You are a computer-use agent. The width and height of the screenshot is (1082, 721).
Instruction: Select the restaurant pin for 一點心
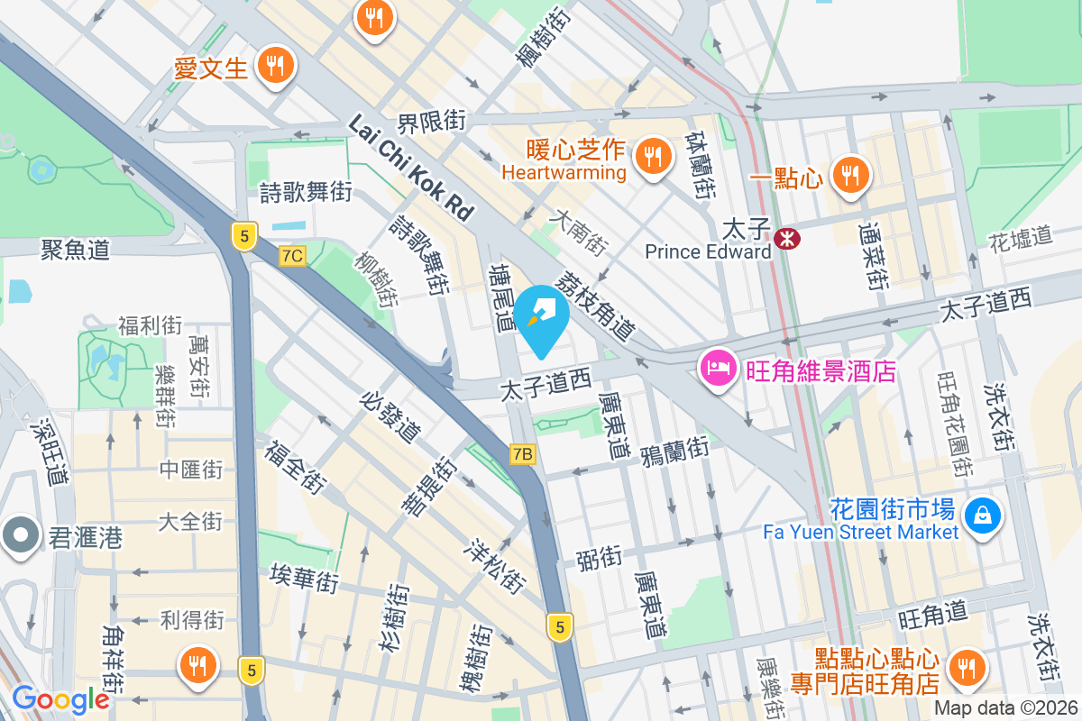tap(849, 173)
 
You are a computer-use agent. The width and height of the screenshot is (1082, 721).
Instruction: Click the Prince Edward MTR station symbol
tap(787, 238)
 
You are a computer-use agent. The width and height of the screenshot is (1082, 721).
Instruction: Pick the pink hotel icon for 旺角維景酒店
tap(719, 369)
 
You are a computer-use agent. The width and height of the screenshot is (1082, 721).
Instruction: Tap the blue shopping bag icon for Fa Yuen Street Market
tap(978, 516)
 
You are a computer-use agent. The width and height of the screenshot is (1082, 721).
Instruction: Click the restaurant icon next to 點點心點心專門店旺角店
tap(967, 668)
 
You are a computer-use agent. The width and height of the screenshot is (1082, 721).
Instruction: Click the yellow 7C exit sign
tap(291, 256)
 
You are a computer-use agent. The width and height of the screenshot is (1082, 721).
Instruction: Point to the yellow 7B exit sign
tap(522, 453)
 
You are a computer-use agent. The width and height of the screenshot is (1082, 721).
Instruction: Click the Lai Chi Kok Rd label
tap(410, 168)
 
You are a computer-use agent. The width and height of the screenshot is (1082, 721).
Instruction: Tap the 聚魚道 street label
tap(75, 250)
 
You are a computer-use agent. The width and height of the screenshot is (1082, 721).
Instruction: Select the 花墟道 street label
tap(1021, 238)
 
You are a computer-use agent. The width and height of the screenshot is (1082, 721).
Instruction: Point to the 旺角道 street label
tap(933, 616)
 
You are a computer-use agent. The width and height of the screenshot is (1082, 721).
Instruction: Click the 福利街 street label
tap(151, 325)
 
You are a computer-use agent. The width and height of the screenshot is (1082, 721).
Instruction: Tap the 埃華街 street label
tap(304, 578)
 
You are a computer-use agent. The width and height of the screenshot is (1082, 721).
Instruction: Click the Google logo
tap(60, 698)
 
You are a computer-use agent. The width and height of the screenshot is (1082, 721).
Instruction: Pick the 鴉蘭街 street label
tap(674, 452)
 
